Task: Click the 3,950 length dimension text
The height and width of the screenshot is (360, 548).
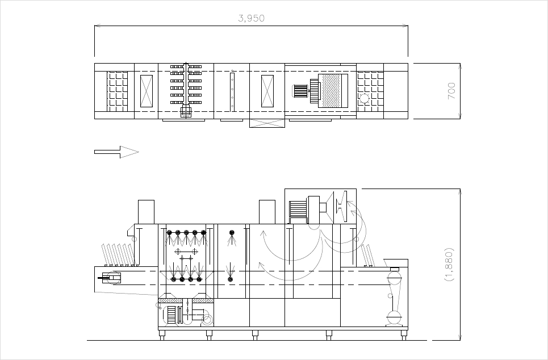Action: pos(250,18)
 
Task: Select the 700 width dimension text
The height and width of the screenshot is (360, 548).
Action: pos(451,91)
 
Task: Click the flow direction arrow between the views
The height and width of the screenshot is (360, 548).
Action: pos(116,152)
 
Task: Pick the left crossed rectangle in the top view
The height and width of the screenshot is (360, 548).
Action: pos(147,91)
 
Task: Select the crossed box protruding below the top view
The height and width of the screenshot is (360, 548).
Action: pos(267,123)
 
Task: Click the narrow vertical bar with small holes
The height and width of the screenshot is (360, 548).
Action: pos(232,91)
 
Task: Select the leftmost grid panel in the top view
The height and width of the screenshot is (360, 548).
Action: pos(118,91)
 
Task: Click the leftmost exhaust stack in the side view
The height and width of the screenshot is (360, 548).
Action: pos(146,212)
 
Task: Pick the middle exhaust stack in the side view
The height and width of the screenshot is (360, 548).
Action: pos(267,212)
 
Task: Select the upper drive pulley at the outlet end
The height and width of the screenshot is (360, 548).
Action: pos(394,279)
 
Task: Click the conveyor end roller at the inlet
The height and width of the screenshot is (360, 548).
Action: pos(111,278)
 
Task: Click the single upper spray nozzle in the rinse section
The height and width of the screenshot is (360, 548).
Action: pos(231,232)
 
